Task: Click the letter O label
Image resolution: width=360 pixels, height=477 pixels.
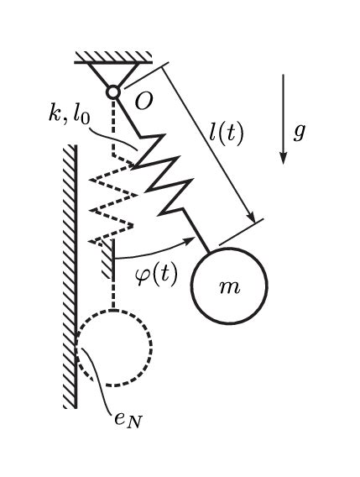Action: click(143, 102)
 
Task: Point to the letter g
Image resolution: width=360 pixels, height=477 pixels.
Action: click(299, 132)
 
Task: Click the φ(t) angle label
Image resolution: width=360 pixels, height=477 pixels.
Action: click(156, 273)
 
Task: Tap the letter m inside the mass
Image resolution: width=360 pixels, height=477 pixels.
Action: click(228, 287)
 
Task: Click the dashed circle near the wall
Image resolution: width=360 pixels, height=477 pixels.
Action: click(114, 346)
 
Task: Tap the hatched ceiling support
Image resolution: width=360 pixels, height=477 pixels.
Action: click(112, 57)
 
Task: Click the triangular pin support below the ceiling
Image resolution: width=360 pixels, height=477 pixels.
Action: click(112, 75)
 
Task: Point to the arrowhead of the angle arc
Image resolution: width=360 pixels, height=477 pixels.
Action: click(202, 239)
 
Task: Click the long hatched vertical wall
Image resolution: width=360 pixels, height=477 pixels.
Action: click(70, 277)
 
